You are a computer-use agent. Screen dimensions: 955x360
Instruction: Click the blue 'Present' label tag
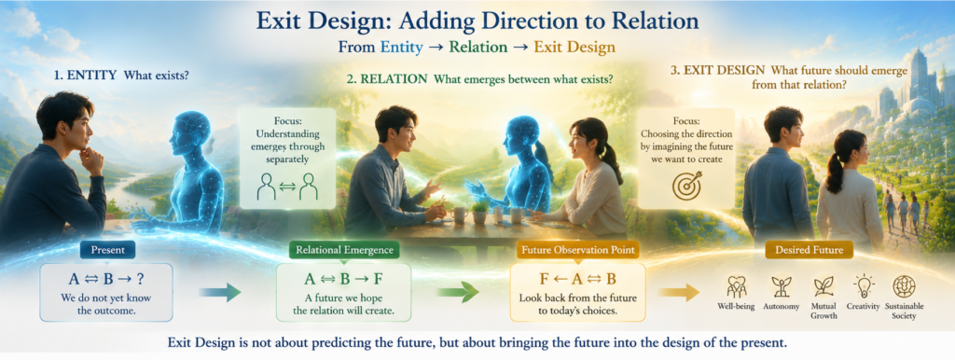click(x=107, y=249)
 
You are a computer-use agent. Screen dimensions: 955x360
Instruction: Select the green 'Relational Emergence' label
click(x=344, y=249)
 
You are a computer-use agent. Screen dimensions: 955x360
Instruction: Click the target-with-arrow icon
click(x=687, y=185)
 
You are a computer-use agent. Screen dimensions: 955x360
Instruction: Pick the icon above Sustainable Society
click(x=903, y=286)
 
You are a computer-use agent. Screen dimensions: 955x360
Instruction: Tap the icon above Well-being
click(x=737, y=286)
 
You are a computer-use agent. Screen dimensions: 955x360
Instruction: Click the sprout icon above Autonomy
click(x=781, y=286)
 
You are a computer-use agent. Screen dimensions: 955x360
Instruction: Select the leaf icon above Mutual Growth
click(x=824, y=286)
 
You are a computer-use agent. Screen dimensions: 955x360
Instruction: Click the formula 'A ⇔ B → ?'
click(x=106, y=280)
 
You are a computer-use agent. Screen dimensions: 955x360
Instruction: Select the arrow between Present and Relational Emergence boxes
click(x=220, y=292)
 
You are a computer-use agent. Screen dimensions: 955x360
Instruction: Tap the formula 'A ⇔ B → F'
click(x=344, y=280)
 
